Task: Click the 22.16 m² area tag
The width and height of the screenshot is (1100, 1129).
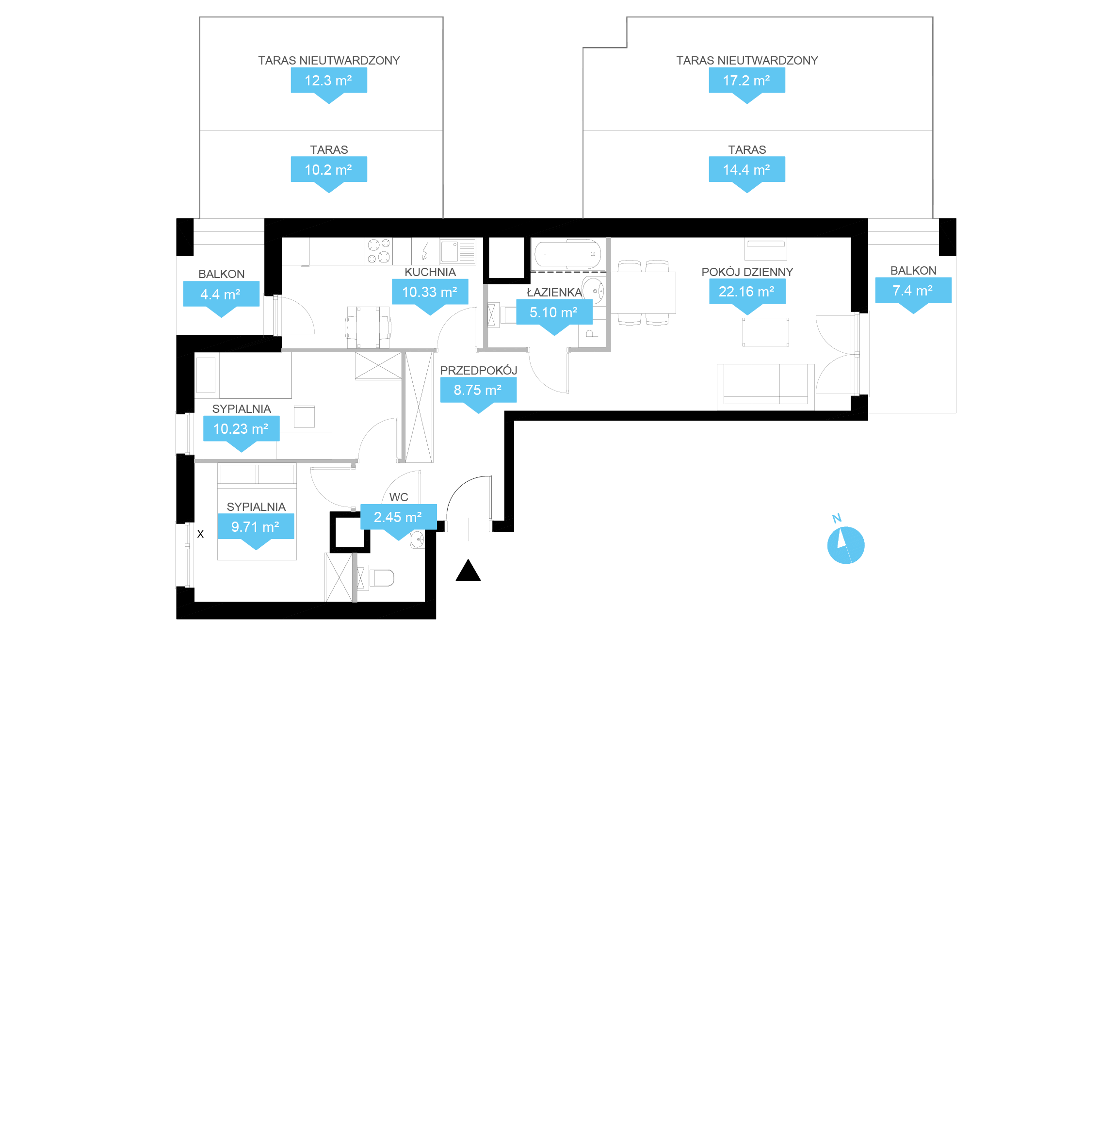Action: point(747,296)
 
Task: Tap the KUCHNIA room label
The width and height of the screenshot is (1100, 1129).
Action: point(430,272)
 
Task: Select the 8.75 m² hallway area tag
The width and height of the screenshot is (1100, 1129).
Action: point(478,394)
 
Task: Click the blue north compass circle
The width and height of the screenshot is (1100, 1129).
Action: point(846,545)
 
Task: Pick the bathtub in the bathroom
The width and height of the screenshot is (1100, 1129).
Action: point(567,254)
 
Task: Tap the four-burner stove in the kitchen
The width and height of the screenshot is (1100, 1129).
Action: point(379,251)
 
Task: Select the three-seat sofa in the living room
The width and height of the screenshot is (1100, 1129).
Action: point(765,387)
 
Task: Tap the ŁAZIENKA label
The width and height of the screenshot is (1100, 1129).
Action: point(554,293)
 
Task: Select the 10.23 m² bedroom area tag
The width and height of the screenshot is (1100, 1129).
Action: point(241,433)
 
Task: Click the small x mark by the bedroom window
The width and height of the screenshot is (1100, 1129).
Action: point(200,534)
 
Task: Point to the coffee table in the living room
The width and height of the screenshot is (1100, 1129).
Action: point(765,332)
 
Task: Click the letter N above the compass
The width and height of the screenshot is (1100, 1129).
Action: point(837,518)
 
